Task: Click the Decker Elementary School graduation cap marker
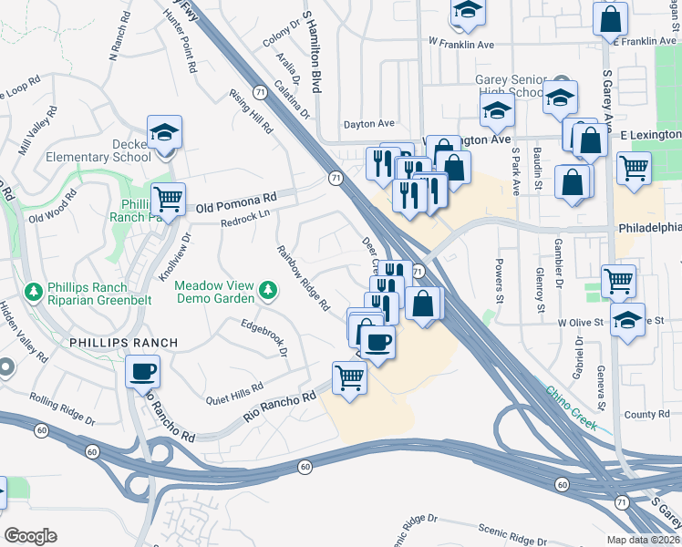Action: (x=165, y=133)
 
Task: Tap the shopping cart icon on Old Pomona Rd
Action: (x=168, y=198)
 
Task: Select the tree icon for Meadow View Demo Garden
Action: (x=267, y=291)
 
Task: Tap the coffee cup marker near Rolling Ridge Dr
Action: (x=142, y=372)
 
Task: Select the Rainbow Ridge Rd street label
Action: (x=303, y=279)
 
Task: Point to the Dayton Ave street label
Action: (x=369, y=124)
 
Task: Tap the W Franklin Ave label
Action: (x=461, y=43)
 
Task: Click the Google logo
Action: (x=31, y=535)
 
